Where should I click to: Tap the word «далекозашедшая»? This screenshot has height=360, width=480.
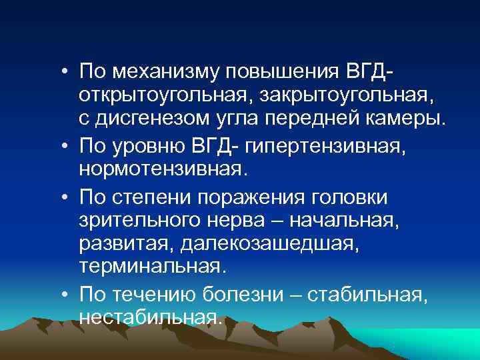[269, 244]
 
